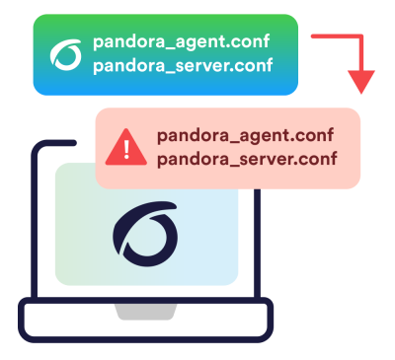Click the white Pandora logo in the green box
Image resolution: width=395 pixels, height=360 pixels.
pyautogui.click(x=66, y=55)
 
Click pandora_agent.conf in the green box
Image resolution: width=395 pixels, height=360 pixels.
pyautogui.click(x=181, y=42)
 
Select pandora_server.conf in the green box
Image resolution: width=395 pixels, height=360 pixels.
pyautogui.click(x=183, y=66)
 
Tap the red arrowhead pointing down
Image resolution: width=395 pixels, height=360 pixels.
pyautogui.click(x=361, y=82)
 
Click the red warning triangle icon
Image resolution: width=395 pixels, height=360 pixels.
pyautogui.click(x=126, y=147)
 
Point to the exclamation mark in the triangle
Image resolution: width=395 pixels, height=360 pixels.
pyautogui.click(x=126, y=149)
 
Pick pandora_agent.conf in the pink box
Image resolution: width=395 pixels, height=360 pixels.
pyautogui.click(x=245, y=136)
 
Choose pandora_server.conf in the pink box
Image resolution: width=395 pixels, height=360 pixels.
pyautogui.click(x=247, y=160)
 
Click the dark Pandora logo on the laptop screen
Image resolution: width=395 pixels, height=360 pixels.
pyautogui.click(x=145, y=234)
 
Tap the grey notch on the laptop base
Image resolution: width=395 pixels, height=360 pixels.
pyautogui.click(x=145, y=312)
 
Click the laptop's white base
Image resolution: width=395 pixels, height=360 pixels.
pyautogui.click(x=145, y=320)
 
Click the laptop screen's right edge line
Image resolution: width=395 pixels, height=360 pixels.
pyautogui.click(x=257, y=244)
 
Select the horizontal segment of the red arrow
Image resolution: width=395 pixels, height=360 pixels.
pyautogui.click(x=336, y=36)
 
